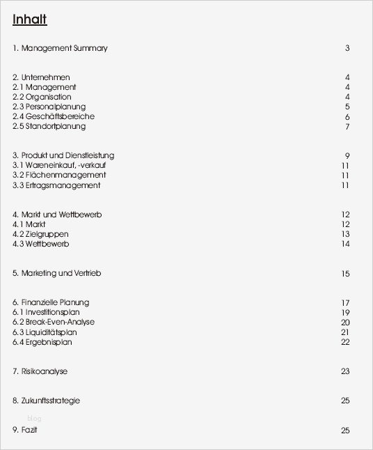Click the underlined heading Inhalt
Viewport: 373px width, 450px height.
(29, 20)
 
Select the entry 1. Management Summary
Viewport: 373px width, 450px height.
(60, 48)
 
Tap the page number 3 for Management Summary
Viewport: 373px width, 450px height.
(347, 48)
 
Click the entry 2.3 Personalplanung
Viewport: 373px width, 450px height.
(49, 107)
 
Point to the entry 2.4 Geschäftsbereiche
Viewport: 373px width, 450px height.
(53, 116)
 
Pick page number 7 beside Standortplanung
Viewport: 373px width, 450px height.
(347, 126)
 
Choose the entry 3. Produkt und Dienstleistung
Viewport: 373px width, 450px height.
(63, 155)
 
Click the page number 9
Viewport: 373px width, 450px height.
(347, 155)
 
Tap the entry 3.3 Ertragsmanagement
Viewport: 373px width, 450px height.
(56, 185)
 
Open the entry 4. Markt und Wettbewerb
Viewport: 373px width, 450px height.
(57, 215)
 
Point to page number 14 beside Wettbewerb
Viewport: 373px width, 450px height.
(345, 244)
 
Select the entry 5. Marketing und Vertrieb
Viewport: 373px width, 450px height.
(56, 273)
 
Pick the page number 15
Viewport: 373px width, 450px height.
(345, 274)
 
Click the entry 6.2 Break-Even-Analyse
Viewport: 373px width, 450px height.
(54, 322)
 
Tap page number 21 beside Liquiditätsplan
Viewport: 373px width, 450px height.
(345, 332)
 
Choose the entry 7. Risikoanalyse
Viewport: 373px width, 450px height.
(40, 371)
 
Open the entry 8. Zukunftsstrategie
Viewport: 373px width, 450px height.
(46, 401)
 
